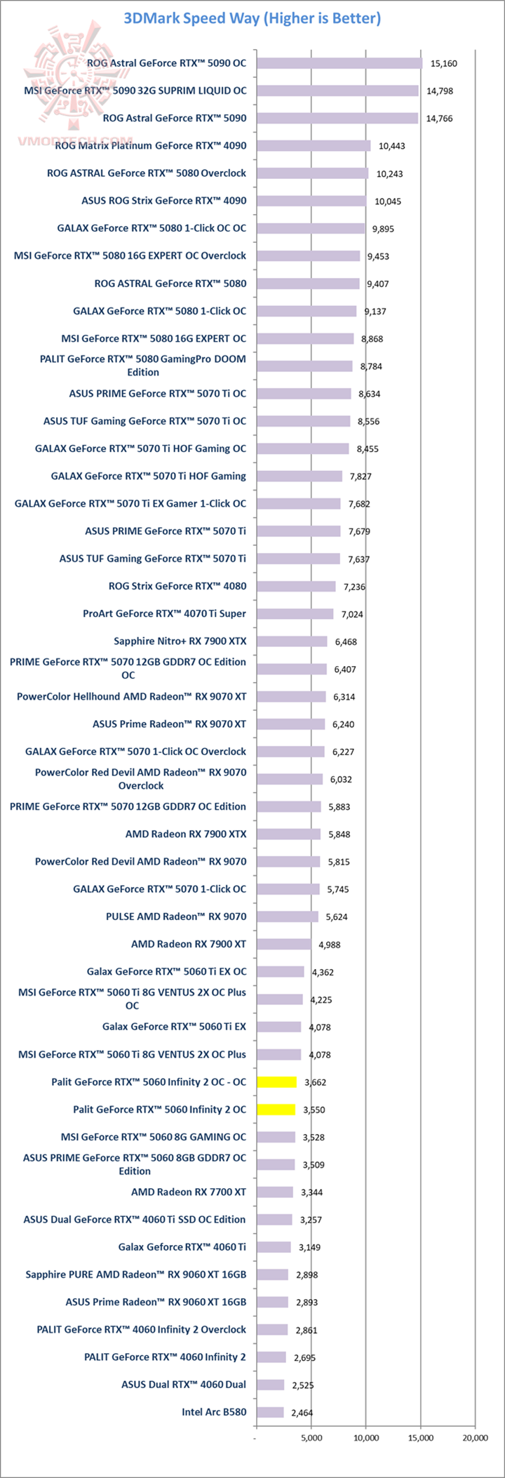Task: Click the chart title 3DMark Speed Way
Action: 252,18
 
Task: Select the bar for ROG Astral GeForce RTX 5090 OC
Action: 339,63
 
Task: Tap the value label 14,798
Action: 441,91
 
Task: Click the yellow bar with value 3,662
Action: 277,1081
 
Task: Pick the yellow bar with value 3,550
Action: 276,1110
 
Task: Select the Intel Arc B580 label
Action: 214,1411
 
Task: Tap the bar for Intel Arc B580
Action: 270,1412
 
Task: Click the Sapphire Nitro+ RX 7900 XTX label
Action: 180,641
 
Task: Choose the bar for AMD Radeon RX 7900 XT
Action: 284,944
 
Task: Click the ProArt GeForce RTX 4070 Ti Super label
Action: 164,613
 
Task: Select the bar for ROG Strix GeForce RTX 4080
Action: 296,586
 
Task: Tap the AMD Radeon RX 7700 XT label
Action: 188,1192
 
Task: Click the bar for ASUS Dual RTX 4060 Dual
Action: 271,1385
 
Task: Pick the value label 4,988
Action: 329,945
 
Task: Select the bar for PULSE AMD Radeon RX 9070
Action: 288,917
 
